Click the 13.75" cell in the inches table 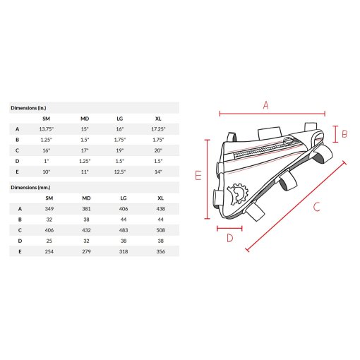point(47,129)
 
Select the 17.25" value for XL point(158,129)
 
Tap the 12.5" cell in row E point(120,172)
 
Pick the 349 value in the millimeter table point(49,209)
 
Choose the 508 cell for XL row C point(160,230)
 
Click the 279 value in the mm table point(86,251)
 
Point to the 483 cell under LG point(124,230)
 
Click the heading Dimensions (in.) point(28,108)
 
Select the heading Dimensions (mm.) point(30,188)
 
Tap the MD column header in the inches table point(85,119)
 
